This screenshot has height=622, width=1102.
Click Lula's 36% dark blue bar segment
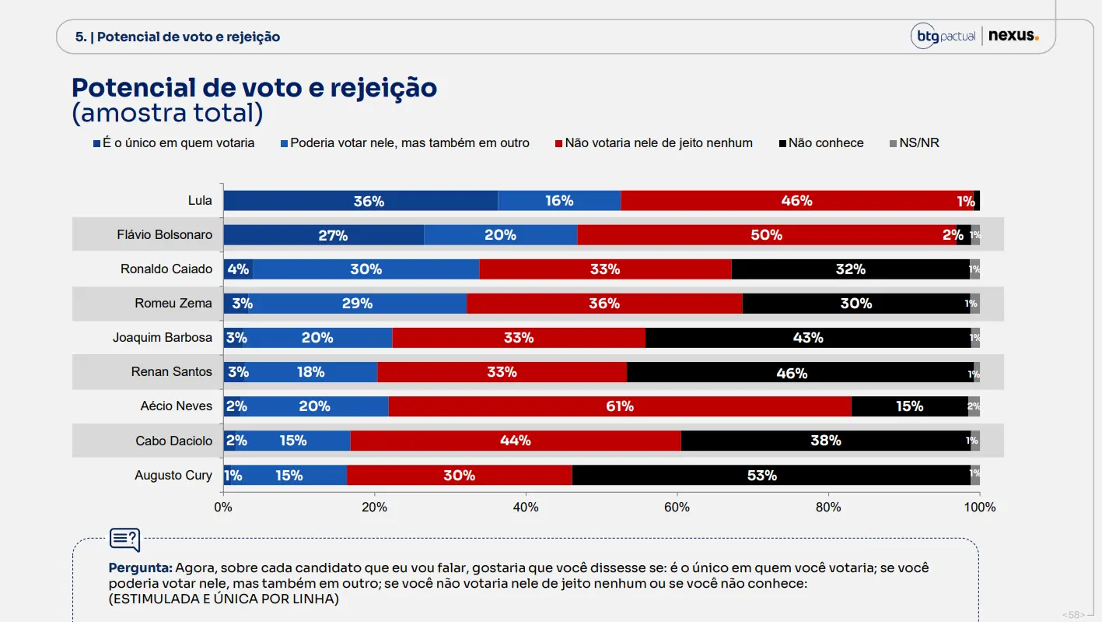pyautogui.click(x=361, y=200)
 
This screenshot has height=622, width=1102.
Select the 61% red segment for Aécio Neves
pyautogui.click(x=620, y=406)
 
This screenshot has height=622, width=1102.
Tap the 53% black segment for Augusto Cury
pyautogui.click(x=771, y=475)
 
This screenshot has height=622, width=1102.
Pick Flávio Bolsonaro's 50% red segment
pyautogui.click(x=767, y=235)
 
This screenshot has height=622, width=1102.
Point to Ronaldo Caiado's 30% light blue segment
pyautogui.click(x=366, y=269)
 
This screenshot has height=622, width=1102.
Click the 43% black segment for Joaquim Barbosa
pyautogui.click(x=808, y=338)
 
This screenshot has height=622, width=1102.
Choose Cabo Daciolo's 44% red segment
pyautogui.click(x=516, y=441)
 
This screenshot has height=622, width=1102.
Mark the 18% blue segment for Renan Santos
pyautogui.click(x=310, y=372)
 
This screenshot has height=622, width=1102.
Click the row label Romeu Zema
pyautogui.click(x=173, y=303)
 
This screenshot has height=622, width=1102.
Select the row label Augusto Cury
pyautogui.click(x=173, y=475)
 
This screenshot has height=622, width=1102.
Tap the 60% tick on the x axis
pyautogui.click(x=677, y=494)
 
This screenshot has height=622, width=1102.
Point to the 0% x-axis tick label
pyautogui.click(x=223, y=508)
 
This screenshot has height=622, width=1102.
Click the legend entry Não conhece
pyautogui.click(x=821, y=142)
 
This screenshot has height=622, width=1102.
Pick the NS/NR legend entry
pyautogui.click(x=914, y=142)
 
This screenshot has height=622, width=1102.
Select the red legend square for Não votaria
pyautogui.click(x=558, y=144)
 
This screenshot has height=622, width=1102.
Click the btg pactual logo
pyautogui.click(x=943, y=36)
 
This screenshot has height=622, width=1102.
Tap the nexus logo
pyautogui.click(x=1013, y=36)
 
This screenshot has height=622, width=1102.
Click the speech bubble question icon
pyautogui.click(x=125, y=539)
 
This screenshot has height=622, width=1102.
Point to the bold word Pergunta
pyautogui.click(x=140, y=568)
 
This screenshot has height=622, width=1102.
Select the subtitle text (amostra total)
pyautogui.click(x=167, y=113)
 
